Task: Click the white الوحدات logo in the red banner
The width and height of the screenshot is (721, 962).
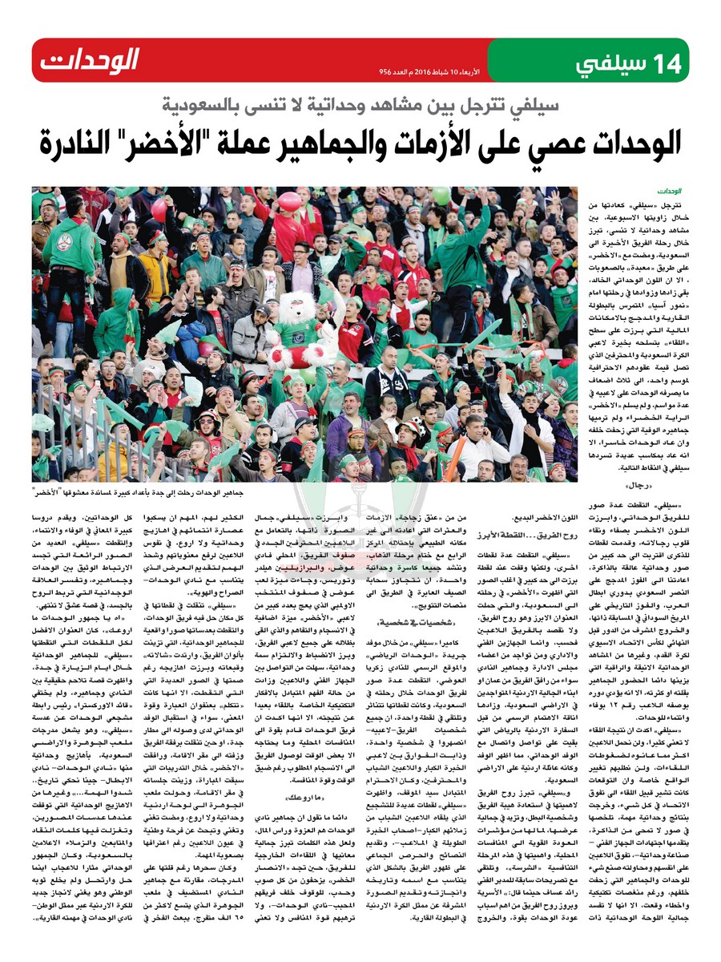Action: (90, 60)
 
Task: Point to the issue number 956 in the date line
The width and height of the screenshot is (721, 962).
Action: (386, 71)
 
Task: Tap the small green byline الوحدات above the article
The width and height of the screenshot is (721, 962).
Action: (671, 193)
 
